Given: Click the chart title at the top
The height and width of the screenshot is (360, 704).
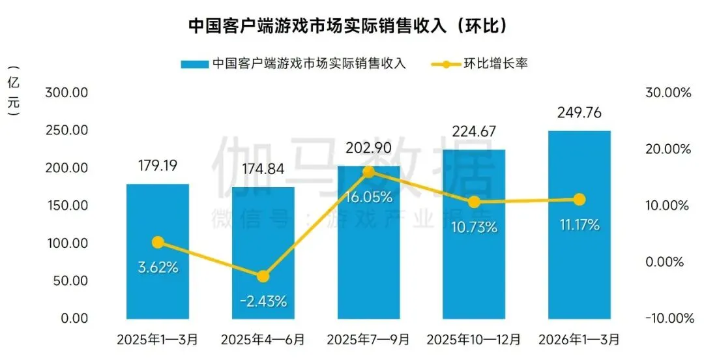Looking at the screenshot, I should (x=352, y=25).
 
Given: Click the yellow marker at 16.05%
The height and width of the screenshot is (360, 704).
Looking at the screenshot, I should (x=368, y=172).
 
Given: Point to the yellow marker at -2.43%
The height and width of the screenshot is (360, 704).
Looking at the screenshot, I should (x=263, y=277).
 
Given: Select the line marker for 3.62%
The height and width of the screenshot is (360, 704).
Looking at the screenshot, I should (x=157, y=243).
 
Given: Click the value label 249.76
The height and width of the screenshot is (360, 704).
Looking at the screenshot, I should (x=579, y=113).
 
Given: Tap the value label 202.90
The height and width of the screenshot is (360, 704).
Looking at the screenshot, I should (x=368, y=148).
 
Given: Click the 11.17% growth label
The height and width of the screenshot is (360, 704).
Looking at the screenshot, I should (x=579, y=225).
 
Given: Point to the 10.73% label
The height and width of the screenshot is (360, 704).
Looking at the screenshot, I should (x=474, y=228).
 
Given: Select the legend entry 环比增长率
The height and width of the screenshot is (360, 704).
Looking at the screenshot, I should (x=494, y=64).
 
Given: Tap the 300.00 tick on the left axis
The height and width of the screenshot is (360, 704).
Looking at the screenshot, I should (x=66, y=93).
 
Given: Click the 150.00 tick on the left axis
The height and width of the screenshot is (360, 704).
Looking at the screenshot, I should (x=66, y=205).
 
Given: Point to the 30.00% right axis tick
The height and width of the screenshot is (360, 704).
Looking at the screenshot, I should (x=667, y=93).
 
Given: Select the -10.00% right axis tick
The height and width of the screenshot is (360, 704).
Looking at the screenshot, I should (x=666, y=318).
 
